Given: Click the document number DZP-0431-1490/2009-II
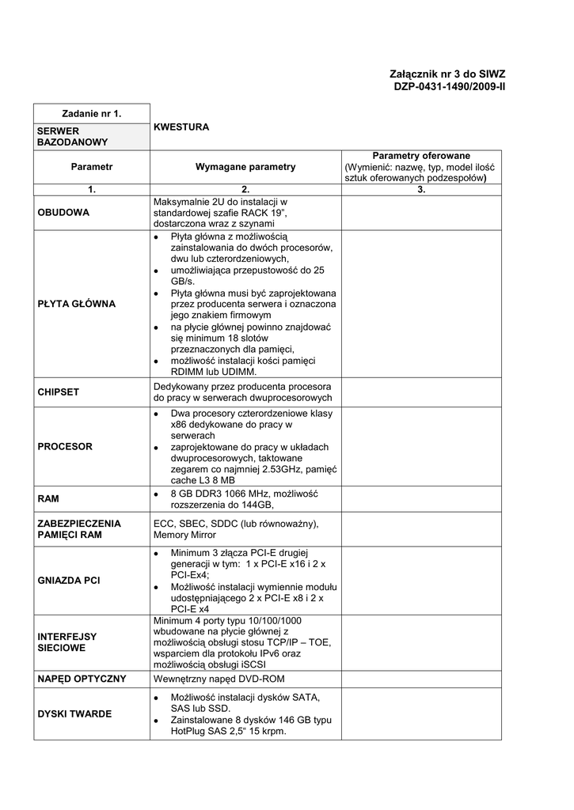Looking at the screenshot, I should pyautogui.click(x=449, y=86).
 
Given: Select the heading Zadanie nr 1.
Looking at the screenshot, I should pyautogui.click(x=91, y=114).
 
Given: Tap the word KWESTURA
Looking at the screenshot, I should pyautogui.click(x=181, y=127).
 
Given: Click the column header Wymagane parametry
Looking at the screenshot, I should pyautogui.click(x=245, y=167).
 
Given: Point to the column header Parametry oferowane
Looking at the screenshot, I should pyautogui.click(x=421, y=156).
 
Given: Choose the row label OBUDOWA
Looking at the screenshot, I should pyautogui.click(x=63, y=213).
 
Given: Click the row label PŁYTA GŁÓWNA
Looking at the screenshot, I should pyautogui.click(x=76, y=304).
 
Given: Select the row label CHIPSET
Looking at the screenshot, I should pyautogui.click(x=59, y=392).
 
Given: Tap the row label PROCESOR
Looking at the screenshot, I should pyautogui.click(x=65, y=447).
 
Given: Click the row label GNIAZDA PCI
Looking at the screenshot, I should pyautogui.click(x=69, y=581).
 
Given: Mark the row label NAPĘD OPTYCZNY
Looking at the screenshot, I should pyautogui.click(x=82, y=679).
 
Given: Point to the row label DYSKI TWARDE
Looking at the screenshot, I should pyautogui.click(x=74, y=714).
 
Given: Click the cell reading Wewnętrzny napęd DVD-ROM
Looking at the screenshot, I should pyautogui.click(x=219, y=679).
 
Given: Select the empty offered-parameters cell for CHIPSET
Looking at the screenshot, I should pyautogui.click(x=421, y=392).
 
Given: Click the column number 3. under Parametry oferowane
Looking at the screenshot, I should pyautogui.click(x=421, y=190).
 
